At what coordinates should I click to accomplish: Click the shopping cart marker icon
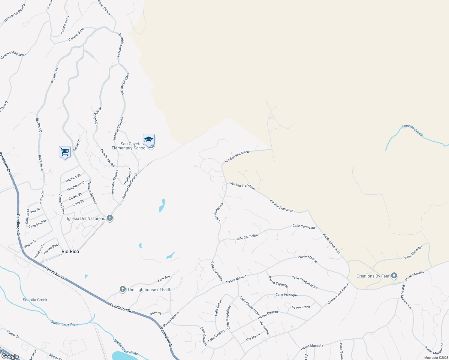pos(65,152)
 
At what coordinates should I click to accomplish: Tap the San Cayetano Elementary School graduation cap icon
pos(149,140)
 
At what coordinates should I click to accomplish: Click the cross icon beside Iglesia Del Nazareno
pos(110,218)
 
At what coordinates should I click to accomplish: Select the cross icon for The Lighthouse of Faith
pos(122,289)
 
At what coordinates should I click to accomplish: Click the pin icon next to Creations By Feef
pos(394,276)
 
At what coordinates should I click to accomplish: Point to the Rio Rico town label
pos(70,251)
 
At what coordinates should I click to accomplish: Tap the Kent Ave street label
pos(164,279)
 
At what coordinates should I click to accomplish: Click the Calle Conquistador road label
pos(304,282)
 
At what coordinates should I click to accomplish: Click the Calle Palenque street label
pos(286,295)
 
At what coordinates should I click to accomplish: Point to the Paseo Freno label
pos(301,307)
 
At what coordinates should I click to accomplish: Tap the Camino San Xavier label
pos(338,294)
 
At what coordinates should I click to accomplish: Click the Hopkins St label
pos(73,178)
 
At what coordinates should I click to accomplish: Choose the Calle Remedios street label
pos(218,213)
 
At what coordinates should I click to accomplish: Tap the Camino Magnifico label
pos(13,55)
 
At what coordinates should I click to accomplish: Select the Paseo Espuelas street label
pos(278,282)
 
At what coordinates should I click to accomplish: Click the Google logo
pos(10,356)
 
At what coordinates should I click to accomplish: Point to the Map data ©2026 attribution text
pos(436,358)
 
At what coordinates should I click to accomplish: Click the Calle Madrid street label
pos(37,224)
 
